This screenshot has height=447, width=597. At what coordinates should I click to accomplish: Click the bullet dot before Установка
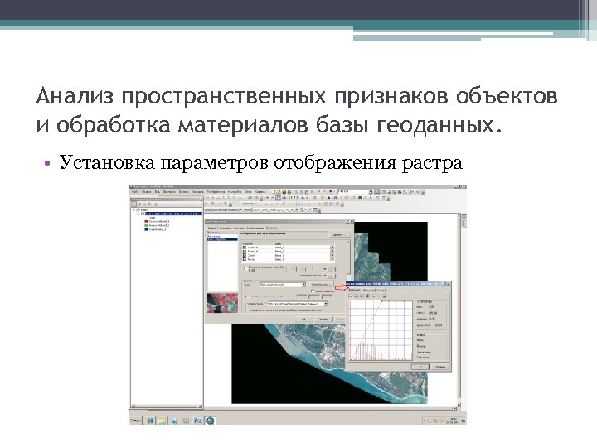click(51, 163)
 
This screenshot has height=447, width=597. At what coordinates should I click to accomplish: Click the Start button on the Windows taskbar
click(137, 421)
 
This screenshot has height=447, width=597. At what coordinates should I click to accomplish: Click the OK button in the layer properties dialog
click(304, 318)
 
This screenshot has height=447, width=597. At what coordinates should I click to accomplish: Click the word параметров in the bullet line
click(213, 162)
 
